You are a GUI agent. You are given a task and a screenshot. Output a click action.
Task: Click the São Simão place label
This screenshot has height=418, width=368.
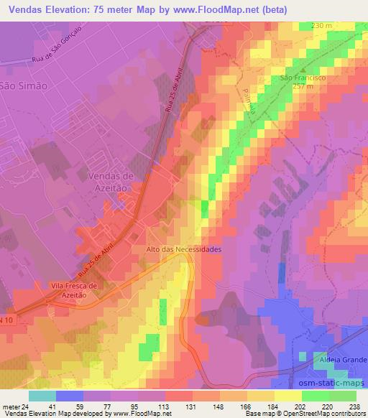(x=23, y=85)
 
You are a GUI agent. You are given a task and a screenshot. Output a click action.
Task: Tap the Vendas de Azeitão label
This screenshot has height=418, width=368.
(x=110, y=180)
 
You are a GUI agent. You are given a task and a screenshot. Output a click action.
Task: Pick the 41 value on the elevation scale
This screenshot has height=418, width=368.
(x=52, y=406)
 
